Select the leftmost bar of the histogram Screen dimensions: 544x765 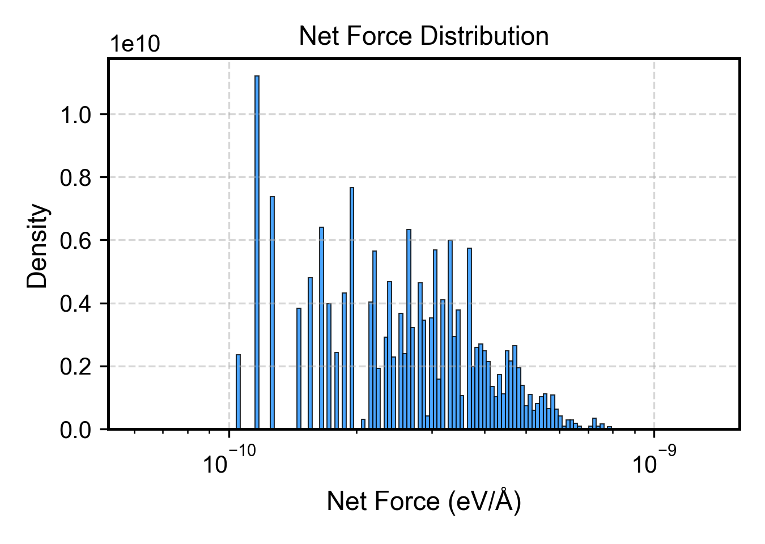point(238,392)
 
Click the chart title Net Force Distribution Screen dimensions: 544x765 point(423,36)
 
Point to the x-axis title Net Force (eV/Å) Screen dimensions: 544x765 point(423,501)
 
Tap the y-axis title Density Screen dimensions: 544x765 point(38,245)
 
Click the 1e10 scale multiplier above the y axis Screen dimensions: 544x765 point(134,44)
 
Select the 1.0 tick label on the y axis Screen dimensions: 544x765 point(76,115)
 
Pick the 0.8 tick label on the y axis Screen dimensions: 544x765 point(76,178)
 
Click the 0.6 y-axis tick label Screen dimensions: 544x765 point(76,241)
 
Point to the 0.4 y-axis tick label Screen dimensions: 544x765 point(76,304)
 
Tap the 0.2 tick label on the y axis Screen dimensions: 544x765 point(76,367)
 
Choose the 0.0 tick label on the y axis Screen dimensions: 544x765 point(76,430)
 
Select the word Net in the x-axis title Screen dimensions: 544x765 point(344,501)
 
